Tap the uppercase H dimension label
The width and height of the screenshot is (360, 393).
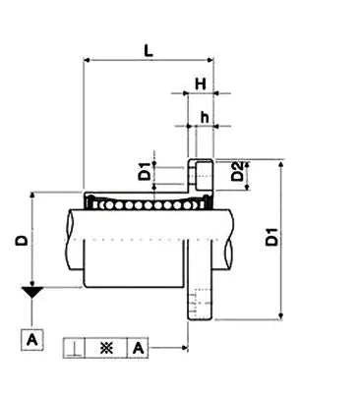(200, 84)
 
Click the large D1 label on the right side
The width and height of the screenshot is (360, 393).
(270, 238)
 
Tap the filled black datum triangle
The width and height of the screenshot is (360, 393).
(32, 292)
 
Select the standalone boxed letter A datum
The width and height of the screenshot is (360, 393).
(32, 340)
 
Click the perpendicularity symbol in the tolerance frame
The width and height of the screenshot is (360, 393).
(76, 348)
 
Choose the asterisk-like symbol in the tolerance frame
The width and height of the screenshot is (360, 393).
(106, 348)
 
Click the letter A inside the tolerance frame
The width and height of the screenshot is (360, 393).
(138, 348)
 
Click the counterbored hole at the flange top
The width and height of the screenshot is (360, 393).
(201, 177)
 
